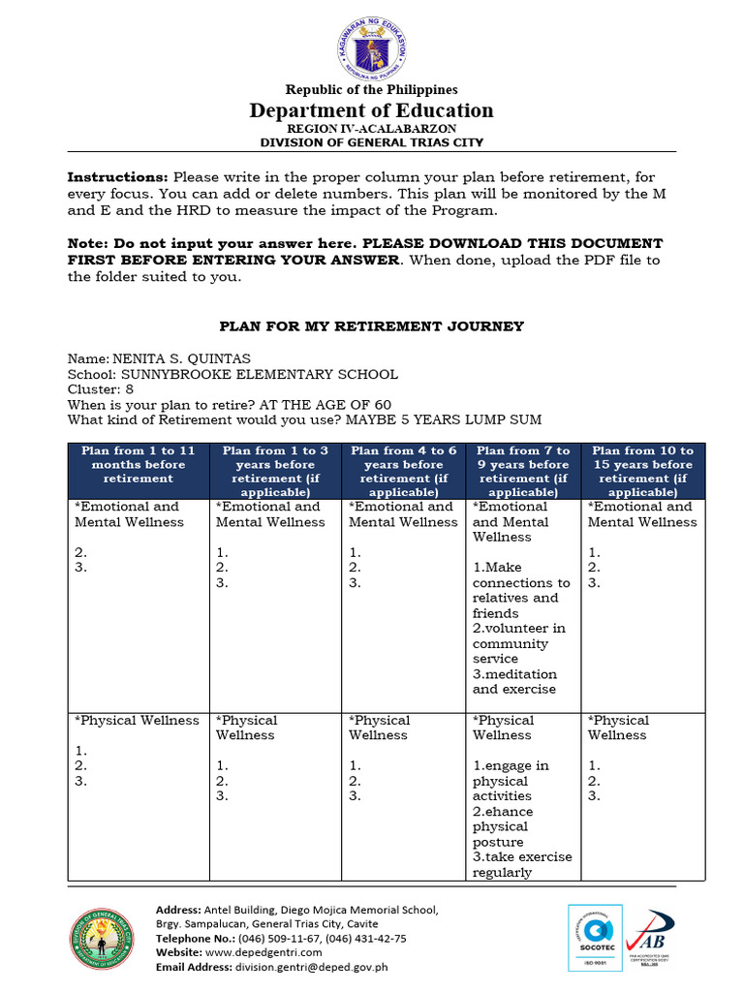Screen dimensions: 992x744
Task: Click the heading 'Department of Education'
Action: [x=372, y=110]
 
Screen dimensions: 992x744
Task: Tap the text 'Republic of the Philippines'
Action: [x=372, y=90]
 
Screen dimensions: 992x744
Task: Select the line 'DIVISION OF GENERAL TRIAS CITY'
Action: [x=372, y=142]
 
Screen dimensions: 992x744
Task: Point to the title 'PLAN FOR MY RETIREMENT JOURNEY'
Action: [x=372, y=326]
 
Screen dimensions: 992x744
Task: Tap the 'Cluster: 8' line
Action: [x=100, y=389]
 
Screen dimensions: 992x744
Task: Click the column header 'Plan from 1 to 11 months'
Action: [x=139, y=464]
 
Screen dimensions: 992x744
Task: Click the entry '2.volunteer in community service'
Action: [x=519, y=643]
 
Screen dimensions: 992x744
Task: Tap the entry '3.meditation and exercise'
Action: [x=515, y=681]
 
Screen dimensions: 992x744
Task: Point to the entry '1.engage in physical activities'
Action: [x=511, y=781]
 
